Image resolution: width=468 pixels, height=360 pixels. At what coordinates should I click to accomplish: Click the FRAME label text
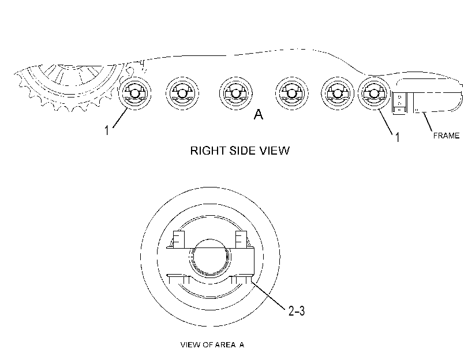pos(446,136)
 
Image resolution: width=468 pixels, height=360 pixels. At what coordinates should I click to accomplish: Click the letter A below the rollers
pos(259,114)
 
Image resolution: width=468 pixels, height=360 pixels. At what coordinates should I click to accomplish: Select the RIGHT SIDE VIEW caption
pos(240,151)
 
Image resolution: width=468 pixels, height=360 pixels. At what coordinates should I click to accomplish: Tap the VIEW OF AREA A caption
pos(212,345)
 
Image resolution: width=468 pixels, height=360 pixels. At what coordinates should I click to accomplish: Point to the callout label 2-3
pos(297,311)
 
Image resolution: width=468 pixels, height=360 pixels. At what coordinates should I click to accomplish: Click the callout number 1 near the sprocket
pos(107,130)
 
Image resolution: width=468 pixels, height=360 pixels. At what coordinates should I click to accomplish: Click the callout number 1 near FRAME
pos(397,137)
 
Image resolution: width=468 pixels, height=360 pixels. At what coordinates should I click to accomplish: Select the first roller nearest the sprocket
pos(135,93)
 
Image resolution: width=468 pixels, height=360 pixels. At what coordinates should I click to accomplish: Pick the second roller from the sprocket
pos(182,93)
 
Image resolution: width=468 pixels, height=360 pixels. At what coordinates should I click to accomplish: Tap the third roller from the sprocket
pos(236,93)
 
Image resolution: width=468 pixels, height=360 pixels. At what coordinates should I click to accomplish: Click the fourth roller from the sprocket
pos(291,93)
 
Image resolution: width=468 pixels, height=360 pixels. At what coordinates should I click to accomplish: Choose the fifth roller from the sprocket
pos(338,93)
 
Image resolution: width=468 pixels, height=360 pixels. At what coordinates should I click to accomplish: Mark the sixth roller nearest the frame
pos(375,93)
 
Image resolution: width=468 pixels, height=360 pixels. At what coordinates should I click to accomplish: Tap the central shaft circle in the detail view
pos(209,256)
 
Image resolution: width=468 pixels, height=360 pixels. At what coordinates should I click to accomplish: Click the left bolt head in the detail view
pos(179,239)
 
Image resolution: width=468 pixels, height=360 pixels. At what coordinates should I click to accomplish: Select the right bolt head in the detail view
pos(241,239)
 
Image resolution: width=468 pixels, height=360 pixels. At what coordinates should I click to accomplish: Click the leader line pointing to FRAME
pos(427,122)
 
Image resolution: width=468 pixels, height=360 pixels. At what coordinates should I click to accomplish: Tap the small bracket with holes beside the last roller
pos(399,103)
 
